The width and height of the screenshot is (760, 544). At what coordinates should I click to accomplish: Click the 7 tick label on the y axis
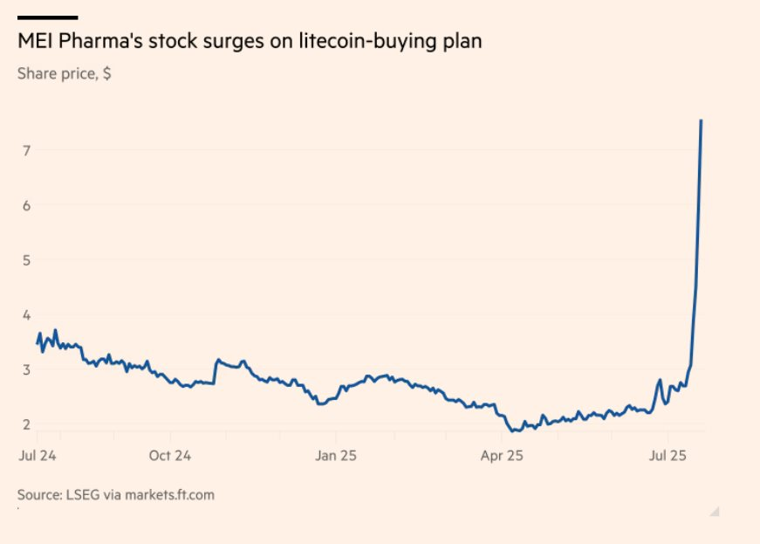[27, 150]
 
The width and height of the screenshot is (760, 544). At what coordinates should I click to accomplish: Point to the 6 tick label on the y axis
[27, 205]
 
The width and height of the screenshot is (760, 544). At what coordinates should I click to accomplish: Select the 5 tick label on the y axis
[27, 260]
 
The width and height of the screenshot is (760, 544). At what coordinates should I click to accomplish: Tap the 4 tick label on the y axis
[27, 314]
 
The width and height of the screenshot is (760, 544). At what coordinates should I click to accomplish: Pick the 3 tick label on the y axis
[27, 369]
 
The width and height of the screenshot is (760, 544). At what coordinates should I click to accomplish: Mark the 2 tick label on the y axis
[27, 424]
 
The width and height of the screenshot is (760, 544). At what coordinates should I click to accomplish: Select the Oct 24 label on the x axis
[170, 455]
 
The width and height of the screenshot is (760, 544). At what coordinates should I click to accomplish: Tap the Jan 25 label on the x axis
[336, 455]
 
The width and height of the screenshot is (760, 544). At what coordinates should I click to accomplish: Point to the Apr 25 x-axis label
[502, 455]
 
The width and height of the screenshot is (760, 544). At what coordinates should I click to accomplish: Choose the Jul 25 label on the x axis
[668, 455]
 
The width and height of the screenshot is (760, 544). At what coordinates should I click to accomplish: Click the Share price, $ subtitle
[64, 73]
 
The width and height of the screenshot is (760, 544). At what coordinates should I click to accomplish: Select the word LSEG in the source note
[86, 495]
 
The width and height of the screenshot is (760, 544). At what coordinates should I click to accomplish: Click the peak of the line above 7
[702, 121]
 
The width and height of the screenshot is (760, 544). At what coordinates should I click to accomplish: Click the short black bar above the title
[47, 17]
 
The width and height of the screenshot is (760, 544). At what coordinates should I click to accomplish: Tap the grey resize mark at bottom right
[714, 511]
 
